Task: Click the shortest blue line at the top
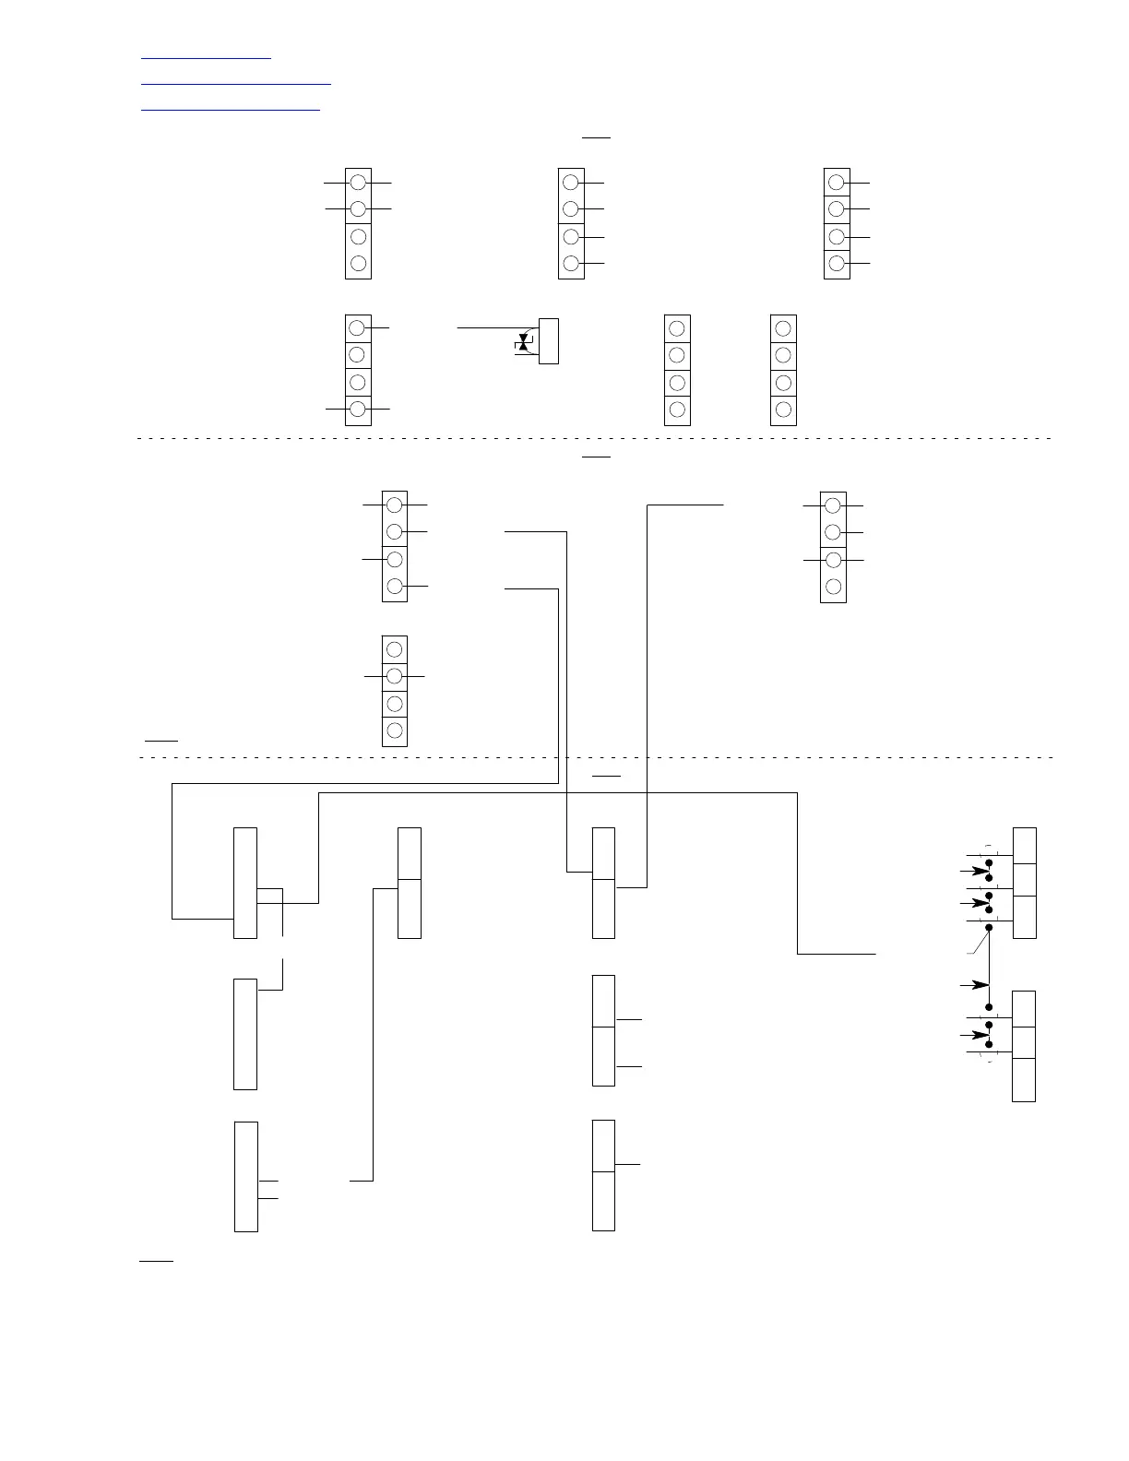point(206,58)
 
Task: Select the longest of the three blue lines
point(235,84)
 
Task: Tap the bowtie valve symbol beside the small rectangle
point(524,345)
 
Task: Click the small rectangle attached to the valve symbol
point(548,340)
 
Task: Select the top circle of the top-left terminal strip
point(359,182)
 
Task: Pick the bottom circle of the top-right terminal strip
point(837,264)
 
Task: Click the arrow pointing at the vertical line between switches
point(974,986)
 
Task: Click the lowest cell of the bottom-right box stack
point(1024,1079)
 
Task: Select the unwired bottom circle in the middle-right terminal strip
point(833,587)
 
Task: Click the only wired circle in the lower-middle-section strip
point(395,676)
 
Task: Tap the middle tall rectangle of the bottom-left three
point(245,1033)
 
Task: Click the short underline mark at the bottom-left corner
point(156,1258)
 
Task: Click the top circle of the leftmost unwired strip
point(677,328)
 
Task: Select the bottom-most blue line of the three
point(230,110)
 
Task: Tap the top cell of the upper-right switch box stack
point(1024,846)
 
